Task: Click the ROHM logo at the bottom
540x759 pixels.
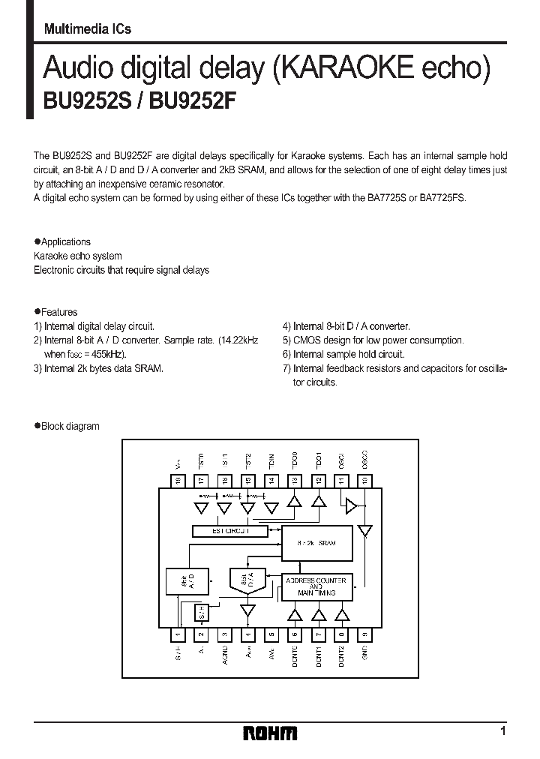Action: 270,733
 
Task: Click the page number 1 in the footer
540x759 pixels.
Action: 502,730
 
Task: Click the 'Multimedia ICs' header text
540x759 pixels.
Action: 88,28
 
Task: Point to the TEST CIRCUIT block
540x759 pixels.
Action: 230,531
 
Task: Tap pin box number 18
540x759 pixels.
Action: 178,480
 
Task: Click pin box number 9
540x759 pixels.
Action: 365,634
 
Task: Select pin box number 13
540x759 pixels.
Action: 295,480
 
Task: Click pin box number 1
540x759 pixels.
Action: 178,634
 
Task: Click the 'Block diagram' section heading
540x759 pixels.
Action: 70,426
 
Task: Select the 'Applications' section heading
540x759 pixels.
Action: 66,241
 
